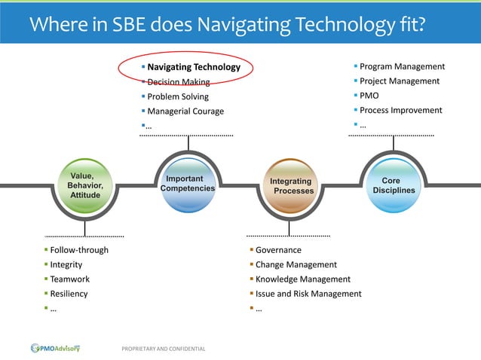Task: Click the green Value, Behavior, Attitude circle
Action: pos(84,185)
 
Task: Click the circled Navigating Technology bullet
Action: pos(194,67)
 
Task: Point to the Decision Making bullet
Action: pos(178,82)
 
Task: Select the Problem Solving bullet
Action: pos(178,96)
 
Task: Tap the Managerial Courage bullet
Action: pos(185,111)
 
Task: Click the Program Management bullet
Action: pos(402,66)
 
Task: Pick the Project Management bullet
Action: pos(400,81)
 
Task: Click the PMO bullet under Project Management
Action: pos(369,96)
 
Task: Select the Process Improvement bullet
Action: pos(401,110)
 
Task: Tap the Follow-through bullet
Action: pos(78,250)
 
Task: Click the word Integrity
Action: pos(66,264)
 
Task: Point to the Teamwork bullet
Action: pos(69,279)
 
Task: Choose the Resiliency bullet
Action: pos(69,294)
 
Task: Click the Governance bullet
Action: pos(278,250)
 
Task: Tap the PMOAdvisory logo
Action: pos(55,348)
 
